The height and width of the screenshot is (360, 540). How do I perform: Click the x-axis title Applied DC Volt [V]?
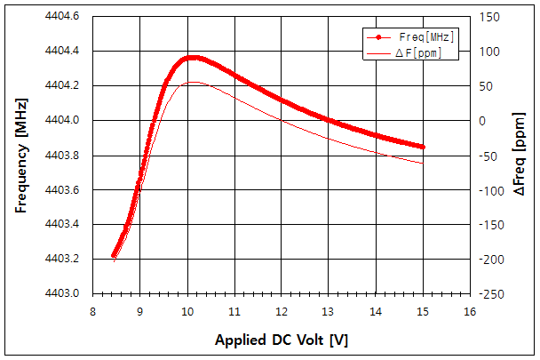click(280, 340)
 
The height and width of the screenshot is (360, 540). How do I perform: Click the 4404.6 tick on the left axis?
click(61, 16)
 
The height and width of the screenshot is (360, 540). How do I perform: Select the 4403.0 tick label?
click(61, 293)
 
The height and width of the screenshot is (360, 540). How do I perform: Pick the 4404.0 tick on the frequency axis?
click(61, 120)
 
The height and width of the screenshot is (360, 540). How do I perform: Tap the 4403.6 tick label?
click(61, 189)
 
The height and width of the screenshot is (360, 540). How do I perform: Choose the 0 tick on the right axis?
click(483, 120)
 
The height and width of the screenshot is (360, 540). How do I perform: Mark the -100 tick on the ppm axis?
click(491, 189)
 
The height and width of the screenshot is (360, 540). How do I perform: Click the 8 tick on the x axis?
click(93, 312)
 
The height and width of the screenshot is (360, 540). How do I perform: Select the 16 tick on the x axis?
click(469, 312)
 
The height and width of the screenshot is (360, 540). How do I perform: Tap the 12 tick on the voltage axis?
click(281, 312)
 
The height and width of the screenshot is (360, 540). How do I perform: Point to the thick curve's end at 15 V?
click(423, 147)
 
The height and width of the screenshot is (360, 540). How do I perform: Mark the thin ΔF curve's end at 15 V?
click(423, 163)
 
